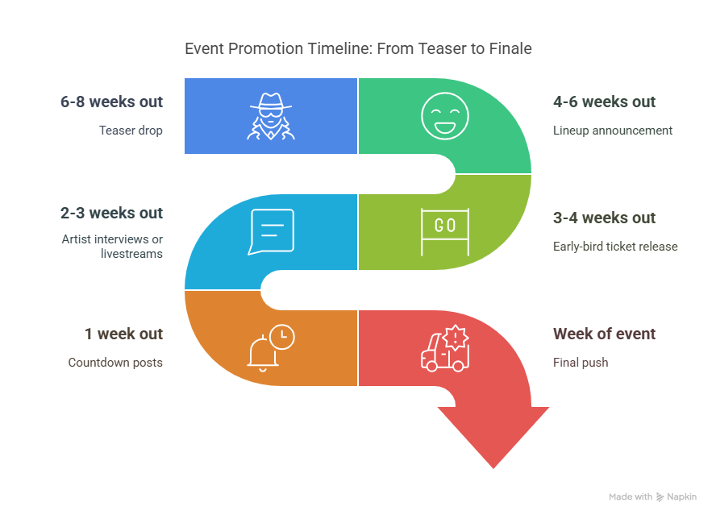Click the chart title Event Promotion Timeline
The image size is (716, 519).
pos(358,48)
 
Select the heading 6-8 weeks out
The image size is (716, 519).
pos(111,102)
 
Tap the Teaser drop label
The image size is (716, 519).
pos(131,131)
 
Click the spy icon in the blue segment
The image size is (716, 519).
pos(271,116)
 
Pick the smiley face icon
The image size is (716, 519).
pos(444,116)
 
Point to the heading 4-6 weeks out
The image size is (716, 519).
pos(604,102)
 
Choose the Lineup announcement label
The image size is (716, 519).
pos(612,131)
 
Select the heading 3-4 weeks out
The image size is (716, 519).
pos(604,218)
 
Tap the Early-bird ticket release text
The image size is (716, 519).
pos(615,247)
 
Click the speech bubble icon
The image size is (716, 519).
pos(271,231)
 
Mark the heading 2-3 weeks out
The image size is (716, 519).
pos(111,214)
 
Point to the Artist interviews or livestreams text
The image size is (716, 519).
pos(112,246)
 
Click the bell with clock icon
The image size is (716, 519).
pos(271,347)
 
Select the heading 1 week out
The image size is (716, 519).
pos(123,334)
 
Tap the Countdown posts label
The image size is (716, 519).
pos(115,363)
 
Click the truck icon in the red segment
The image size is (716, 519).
pos(444,348)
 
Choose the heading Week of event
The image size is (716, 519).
pos(604,334)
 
